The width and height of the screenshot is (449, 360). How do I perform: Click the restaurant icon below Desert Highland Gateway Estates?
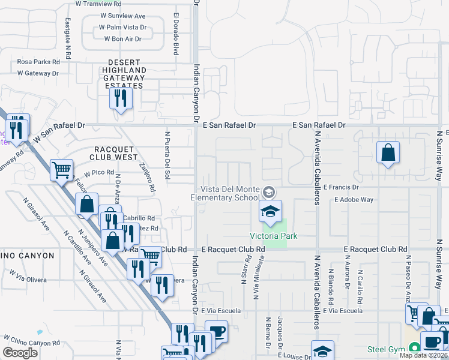click(x=120, y=97)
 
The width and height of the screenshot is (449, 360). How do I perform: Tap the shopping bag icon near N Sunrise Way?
click(x=388, y=152)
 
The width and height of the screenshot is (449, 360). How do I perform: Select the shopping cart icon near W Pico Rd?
click(x=61, y=170)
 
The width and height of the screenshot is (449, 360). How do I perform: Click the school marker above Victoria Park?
click(x=270, y=211)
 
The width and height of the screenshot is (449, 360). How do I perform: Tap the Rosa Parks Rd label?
click(x=38, y=62)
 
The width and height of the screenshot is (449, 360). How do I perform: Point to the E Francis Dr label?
click(x=340, y=187)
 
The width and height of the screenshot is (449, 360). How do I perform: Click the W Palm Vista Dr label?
click(x=123, y=27)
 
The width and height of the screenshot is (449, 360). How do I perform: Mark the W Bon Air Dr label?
click(x=122, y=39)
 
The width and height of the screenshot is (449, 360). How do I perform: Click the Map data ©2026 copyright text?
click(x=423, y=355)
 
